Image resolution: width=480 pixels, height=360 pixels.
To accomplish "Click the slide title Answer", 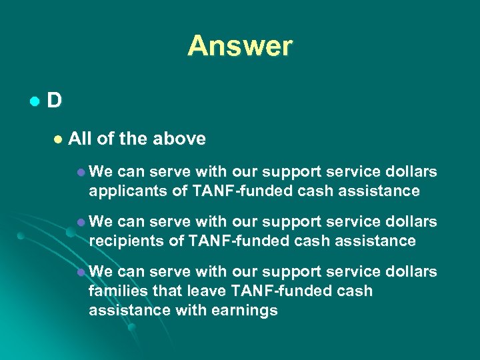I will tap(240, 46).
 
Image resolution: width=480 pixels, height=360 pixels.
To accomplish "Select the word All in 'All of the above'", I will tap(80, 139).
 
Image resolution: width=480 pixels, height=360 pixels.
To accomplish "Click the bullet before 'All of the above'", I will tap(58, 139).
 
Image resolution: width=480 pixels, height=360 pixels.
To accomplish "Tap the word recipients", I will tap(124, 241).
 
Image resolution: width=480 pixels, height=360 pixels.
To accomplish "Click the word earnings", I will tap(246, 310).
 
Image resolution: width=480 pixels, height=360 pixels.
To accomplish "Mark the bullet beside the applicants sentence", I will tap(81, 173).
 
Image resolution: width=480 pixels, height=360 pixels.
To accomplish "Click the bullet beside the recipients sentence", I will tap(81, 222).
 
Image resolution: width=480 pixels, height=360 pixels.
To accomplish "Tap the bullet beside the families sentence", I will tap(81, 272).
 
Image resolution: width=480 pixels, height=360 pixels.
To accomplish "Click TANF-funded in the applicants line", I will tap(233, 191).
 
